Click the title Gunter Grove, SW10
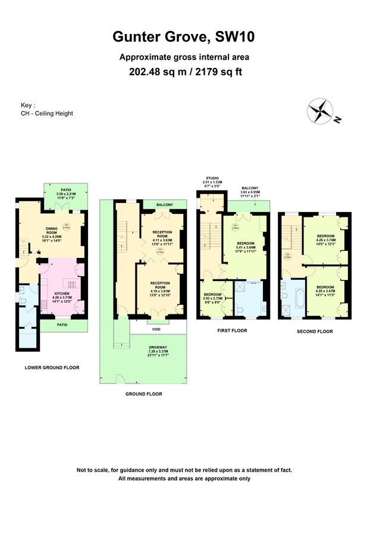(x=184, y=38)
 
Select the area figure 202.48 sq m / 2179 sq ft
(x=184, y=72)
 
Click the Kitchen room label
(x=62, y=294)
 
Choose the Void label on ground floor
(x=142, y=328)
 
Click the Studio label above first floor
(x=212, y=178)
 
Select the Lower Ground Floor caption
(x=52, y=367)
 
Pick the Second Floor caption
(x=315, y=331)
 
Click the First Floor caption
(x=233, y=331)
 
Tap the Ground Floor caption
(x=143, y=394)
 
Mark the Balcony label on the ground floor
(x=164, y=205)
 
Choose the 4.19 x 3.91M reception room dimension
(x=161, y=290)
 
